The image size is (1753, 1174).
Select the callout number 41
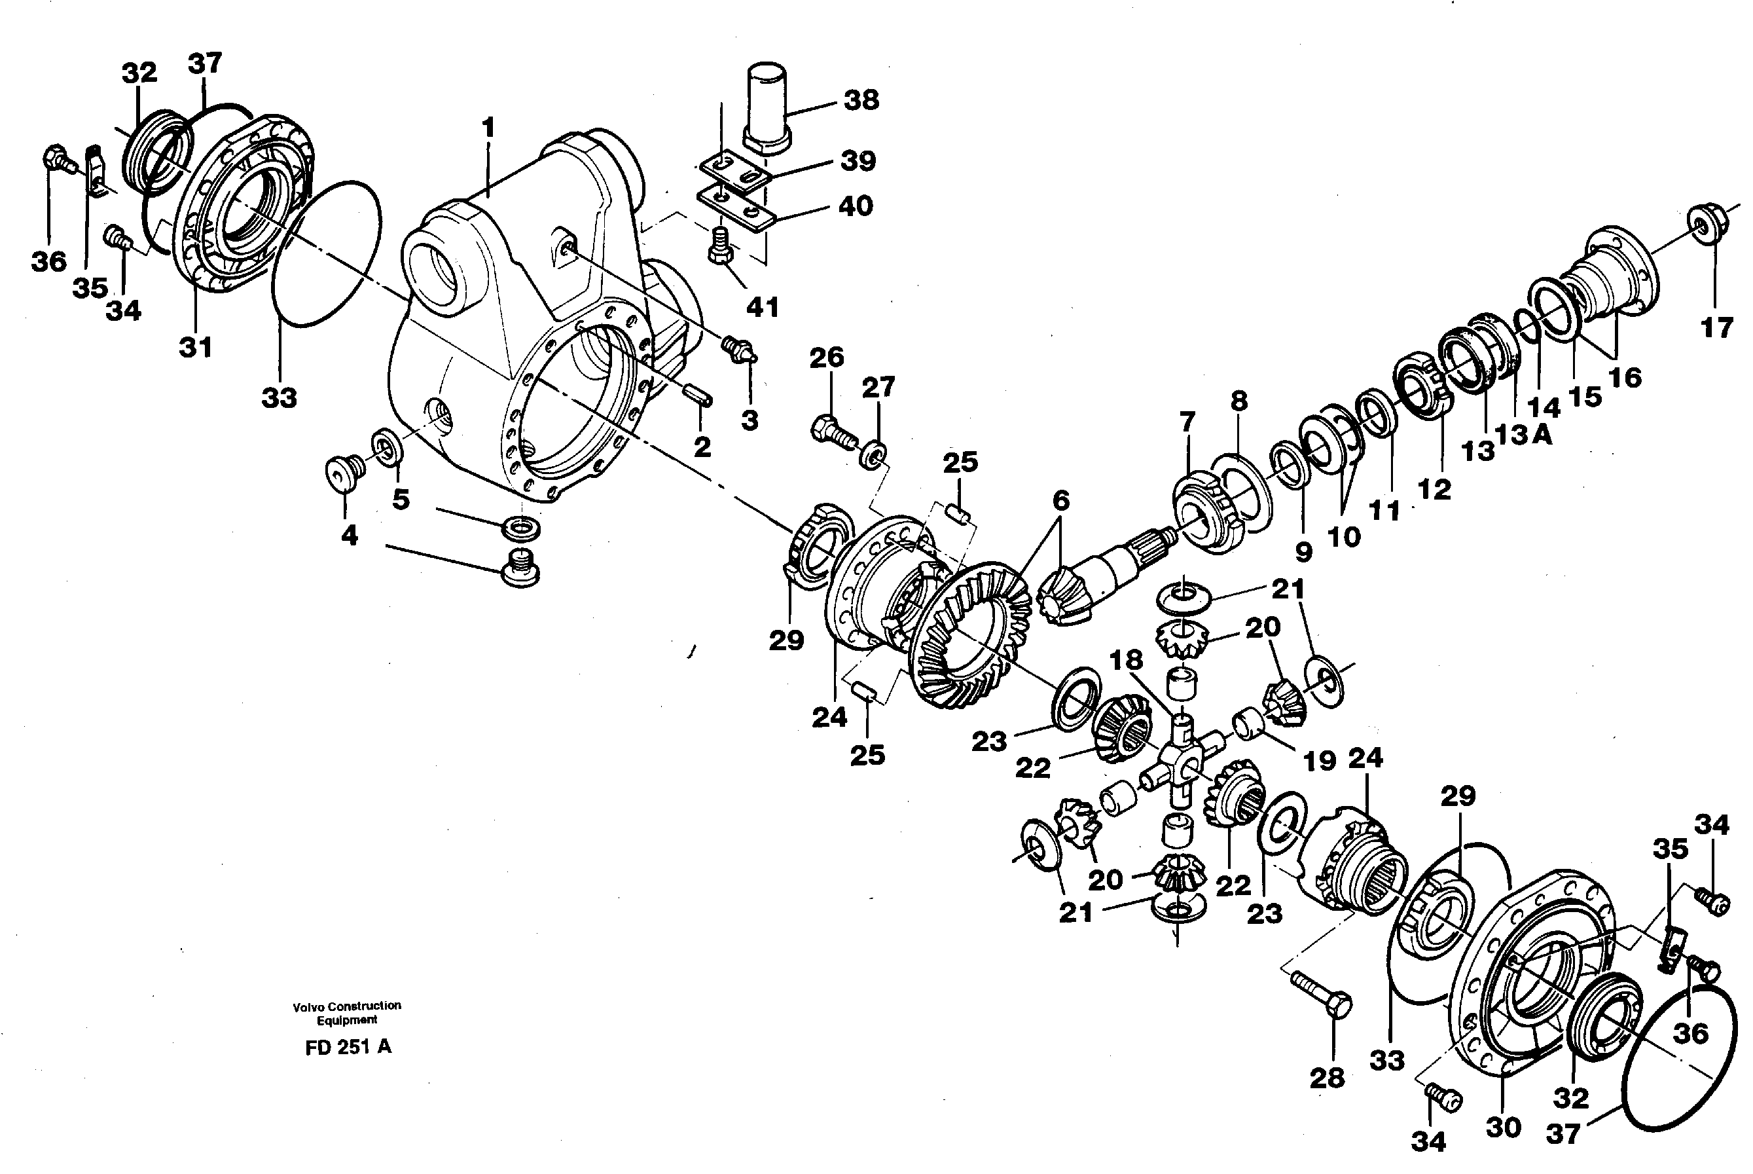click(x=762, y=307)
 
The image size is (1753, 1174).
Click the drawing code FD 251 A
click(x=348, y=1048)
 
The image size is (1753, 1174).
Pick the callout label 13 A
click(x=1523, y=434)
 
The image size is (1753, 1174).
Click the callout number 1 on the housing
click(x=488, y=128)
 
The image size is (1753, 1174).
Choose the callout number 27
click(x=878, y=387)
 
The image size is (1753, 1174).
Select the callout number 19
click(x=1319, y=761)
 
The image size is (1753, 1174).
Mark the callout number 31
click(x=195, y=348)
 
